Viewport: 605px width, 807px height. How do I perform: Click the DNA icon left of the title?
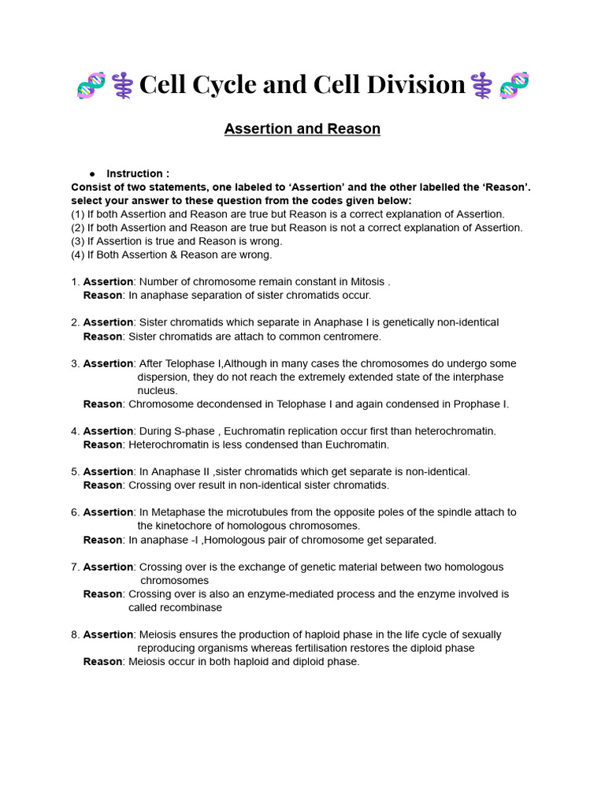(x=91, y=85)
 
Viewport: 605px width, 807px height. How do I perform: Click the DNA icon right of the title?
(x=514, y=85)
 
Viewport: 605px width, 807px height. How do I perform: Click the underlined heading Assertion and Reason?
(x=302, y=128)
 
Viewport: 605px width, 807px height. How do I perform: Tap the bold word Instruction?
(x=137, y=173)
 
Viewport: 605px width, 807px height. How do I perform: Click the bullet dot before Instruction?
(x=92, y=173)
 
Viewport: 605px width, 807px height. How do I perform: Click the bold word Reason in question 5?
(x=102, y=485)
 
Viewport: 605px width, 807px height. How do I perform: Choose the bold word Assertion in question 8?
(x=108, y=634)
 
